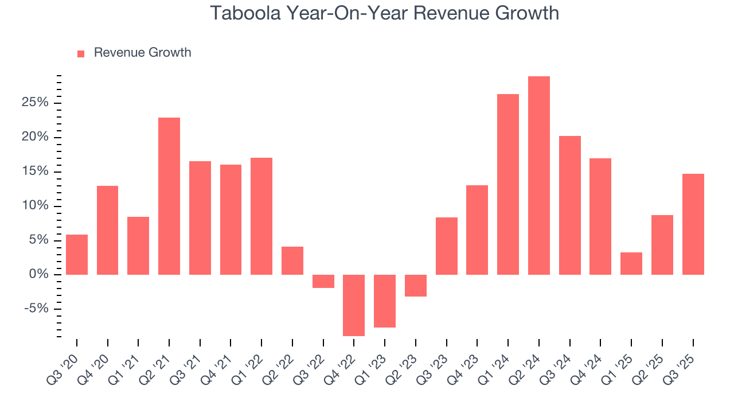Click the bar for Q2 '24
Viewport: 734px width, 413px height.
click(x=539, y=176)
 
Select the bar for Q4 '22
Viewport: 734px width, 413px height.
click(x=354, y=305)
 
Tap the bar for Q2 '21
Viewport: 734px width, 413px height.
click(x=169, y=196)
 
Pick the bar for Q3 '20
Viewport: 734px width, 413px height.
click(x=77, y=255)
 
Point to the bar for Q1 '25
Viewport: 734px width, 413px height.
click(x=631, y=263)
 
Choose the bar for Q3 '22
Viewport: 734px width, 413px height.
click(x=323, y=281)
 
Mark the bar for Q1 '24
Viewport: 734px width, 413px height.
click(x=508, y=184)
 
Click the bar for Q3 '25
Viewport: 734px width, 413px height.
click(x=693, y=224)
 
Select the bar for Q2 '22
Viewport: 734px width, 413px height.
click(x=292, y=260)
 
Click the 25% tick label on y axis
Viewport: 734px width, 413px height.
click(x=36, y=103)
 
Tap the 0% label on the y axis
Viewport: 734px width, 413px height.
click(x=40, y=275)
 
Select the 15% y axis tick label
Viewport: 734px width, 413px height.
click(x=36, y=172)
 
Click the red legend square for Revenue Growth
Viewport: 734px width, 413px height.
click(x=81, y=53)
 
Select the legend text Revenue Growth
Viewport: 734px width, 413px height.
click(x=142, y=53)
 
